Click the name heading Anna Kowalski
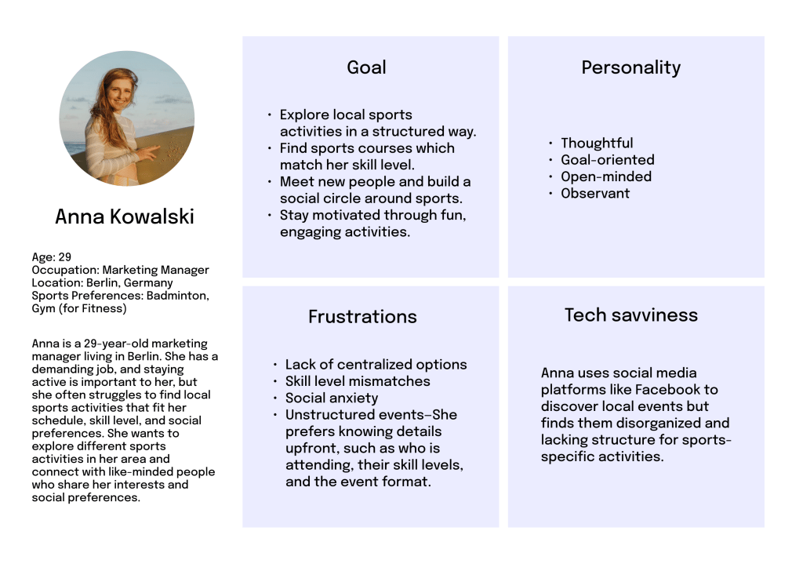pyautogui.click(x=125, y=216)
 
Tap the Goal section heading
pyautogui.click(x=366, y=67)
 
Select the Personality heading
pyautogui.click(x=631, y=67)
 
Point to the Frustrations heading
pyautogui.click(x=362, y=317)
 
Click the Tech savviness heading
pyautogui.click(x=631, y=315)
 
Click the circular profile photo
pyautogui.click(x=127, y=118)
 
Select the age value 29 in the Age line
pyautogui.click(x=64, y=257)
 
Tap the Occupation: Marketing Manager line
pyautogui.click(x=120, y=270)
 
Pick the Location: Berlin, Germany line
pyautogui.click(x=103, y=282)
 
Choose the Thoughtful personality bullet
pyautogui.click(x=597, y=143)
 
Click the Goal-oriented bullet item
pyautogui.click(x=608, y=160)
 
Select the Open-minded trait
pyautogui.click(x=606, y=176)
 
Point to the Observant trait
pyautogui.click(x=595, y=194)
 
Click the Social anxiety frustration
pyautogui.click(x=332, y=398)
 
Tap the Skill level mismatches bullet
pyautogui.click(x=358, y=381)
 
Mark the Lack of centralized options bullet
pyautogui.click(x=376, y=365)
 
